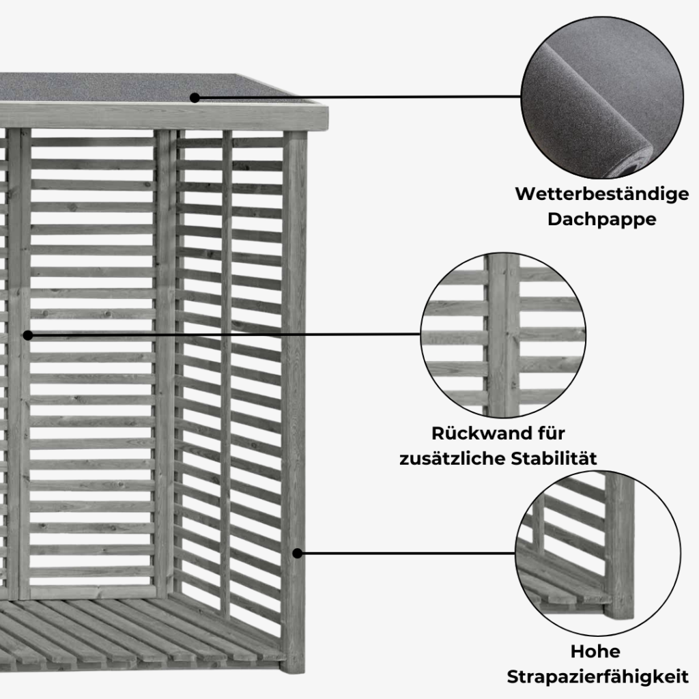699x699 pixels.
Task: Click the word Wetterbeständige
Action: click(602, 195)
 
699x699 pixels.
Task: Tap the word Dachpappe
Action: click(602, 219)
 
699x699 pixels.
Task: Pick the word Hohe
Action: click(595, 652)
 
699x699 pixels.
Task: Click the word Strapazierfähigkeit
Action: click(597, 676)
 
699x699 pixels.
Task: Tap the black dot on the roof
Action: click(195, 98)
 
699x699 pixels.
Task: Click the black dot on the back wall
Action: click(27, 335)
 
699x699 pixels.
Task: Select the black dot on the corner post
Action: click(298, 553)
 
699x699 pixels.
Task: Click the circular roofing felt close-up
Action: click(602, 97)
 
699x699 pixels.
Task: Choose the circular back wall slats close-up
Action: click(503, 335)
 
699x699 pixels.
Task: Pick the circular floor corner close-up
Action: click(598, 553)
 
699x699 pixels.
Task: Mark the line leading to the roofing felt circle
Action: click(358, 97)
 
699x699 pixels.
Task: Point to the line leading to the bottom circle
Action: click(406, 553)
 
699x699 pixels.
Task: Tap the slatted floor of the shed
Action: click(134, 633)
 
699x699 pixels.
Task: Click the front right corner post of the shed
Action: click(295, 401)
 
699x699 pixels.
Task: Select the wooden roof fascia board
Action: click(164, 117)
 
